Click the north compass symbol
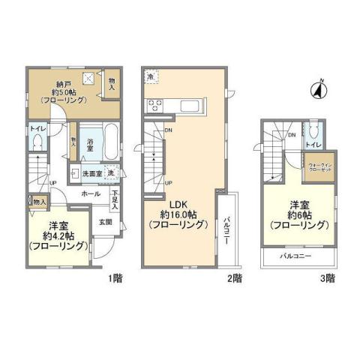317,91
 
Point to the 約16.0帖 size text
178,214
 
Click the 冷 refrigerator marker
150,76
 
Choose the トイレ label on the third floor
313,143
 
